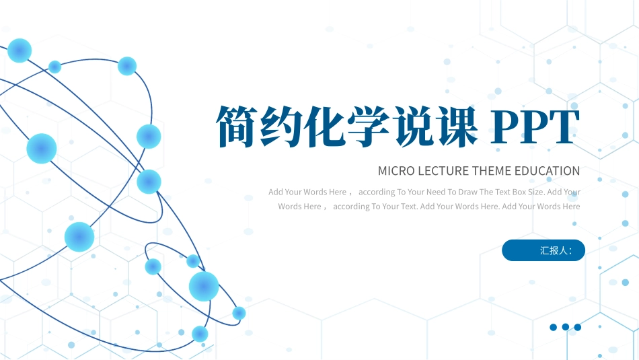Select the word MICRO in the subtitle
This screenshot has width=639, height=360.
point(396,171)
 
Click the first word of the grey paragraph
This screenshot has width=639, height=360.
point(276,192)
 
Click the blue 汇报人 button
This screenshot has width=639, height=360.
point(543,250)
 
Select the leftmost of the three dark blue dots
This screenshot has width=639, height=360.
point(554,327)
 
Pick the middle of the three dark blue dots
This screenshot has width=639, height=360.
point(566,327)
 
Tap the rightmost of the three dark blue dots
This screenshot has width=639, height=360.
point(577,327)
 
